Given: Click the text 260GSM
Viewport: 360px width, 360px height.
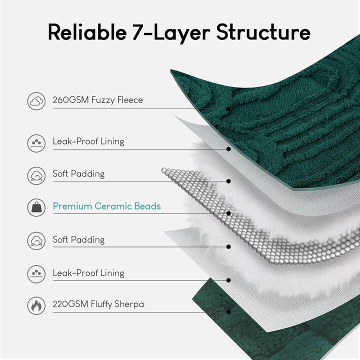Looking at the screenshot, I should (69, 100).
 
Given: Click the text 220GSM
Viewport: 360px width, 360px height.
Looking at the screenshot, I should (69, 304).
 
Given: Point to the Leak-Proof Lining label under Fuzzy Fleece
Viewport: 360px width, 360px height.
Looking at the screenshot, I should (88, 141).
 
